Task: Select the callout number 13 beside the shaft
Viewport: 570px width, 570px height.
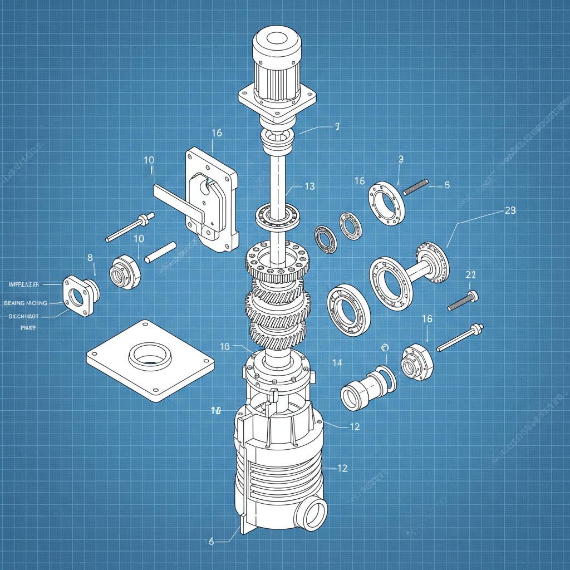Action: click(310, 186)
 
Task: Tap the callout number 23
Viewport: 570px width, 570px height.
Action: click(509, 210)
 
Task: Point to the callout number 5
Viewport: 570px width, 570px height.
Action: click(447, 185)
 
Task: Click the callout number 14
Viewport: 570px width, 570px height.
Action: click(337, 363)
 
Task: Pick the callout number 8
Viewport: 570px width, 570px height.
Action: click(90, 257)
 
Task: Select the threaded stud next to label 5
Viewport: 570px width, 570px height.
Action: click(415, 187)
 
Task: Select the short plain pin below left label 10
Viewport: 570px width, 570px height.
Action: click(160, 252)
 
